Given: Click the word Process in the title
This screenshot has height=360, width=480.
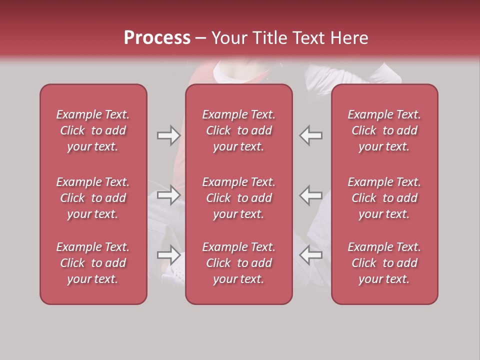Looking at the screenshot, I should click(157, 38).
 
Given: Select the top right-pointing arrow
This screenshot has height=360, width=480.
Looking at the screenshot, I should click(168, 135).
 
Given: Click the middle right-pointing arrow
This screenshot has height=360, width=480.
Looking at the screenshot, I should click(168, 195).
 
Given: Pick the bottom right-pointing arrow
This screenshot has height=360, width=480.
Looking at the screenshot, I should click(168, 254).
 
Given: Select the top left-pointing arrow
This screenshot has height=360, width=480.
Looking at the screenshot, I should click(311, 135).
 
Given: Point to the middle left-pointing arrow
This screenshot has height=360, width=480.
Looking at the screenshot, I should click(311, 195).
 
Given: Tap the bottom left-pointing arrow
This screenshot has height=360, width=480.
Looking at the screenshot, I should click(311, 254).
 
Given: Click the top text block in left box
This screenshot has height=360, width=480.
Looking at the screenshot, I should click(93, 130).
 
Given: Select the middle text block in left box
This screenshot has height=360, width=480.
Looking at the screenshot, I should click(93, 198).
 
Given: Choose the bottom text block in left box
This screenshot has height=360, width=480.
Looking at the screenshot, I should click(93, 263).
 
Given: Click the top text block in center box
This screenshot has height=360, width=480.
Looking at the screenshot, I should click(238, 130).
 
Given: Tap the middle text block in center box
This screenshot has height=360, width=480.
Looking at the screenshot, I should click(238, 198).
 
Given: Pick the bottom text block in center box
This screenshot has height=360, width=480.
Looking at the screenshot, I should click(238, 263).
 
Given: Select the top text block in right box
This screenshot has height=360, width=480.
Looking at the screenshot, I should click(384, 130).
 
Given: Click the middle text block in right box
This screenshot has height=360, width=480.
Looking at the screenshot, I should click(384, 198).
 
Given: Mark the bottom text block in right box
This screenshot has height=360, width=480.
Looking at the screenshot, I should click(384, 263).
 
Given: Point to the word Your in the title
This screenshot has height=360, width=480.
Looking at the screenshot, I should click(228, 38).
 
